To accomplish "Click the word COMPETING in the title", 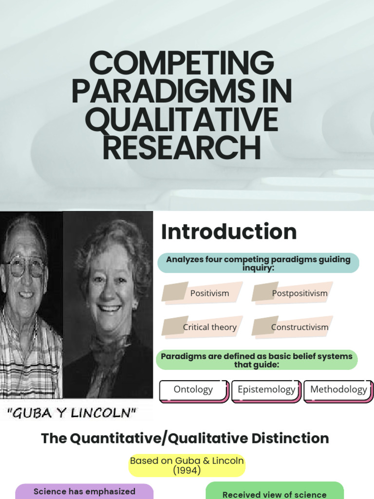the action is tap(182, 62).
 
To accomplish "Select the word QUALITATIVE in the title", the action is tap(182, 119).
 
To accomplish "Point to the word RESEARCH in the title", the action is tap(182, 148).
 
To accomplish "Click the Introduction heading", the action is tap(229, 231).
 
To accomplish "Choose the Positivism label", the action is tap(209, 293).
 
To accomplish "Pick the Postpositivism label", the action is tap(299, 293).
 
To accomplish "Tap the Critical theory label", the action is tap(209, 327).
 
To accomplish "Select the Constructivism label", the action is tap(299, 327).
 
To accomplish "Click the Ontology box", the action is tap(194, 391).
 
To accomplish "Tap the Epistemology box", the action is tap(266, 391).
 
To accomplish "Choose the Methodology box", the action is tap(338, 391).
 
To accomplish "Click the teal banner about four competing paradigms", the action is tap(258, 263).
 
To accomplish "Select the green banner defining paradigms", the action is tap(257, 360).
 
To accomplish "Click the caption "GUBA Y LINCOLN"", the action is tap(71, 413).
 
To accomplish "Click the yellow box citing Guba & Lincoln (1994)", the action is tap(187, 465).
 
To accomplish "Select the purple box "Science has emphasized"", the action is tap(84, 491).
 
